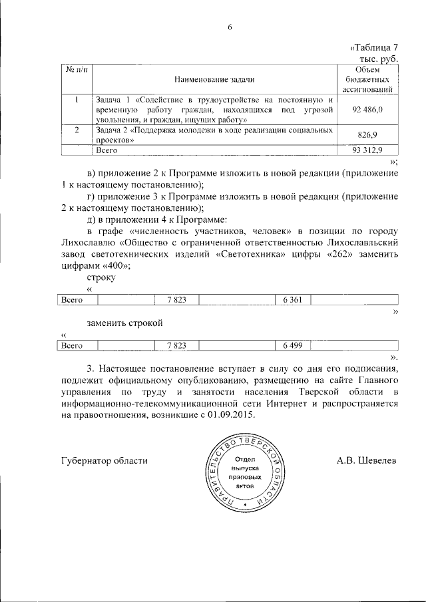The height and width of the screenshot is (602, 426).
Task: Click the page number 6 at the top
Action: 230,27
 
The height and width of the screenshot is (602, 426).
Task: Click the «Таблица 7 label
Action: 373,47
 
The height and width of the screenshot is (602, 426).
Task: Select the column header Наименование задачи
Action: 214,79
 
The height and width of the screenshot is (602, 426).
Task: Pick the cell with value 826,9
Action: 368,134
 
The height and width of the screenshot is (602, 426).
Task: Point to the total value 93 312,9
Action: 367,150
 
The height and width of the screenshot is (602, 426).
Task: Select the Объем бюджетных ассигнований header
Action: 367,79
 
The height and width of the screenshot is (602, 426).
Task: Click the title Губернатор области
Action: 103,460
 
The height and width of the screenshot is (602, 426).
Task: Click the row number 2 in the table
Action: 77,130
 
